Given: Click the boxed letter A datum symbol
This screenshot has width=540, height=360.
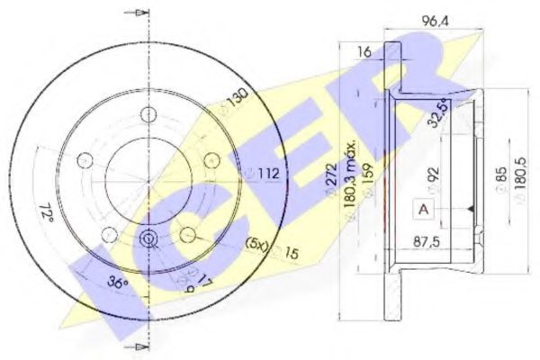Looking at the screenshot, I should click(422, 209).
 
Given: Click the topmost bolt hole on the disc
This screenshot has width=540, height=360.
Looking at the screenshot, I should click(147, 114).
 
